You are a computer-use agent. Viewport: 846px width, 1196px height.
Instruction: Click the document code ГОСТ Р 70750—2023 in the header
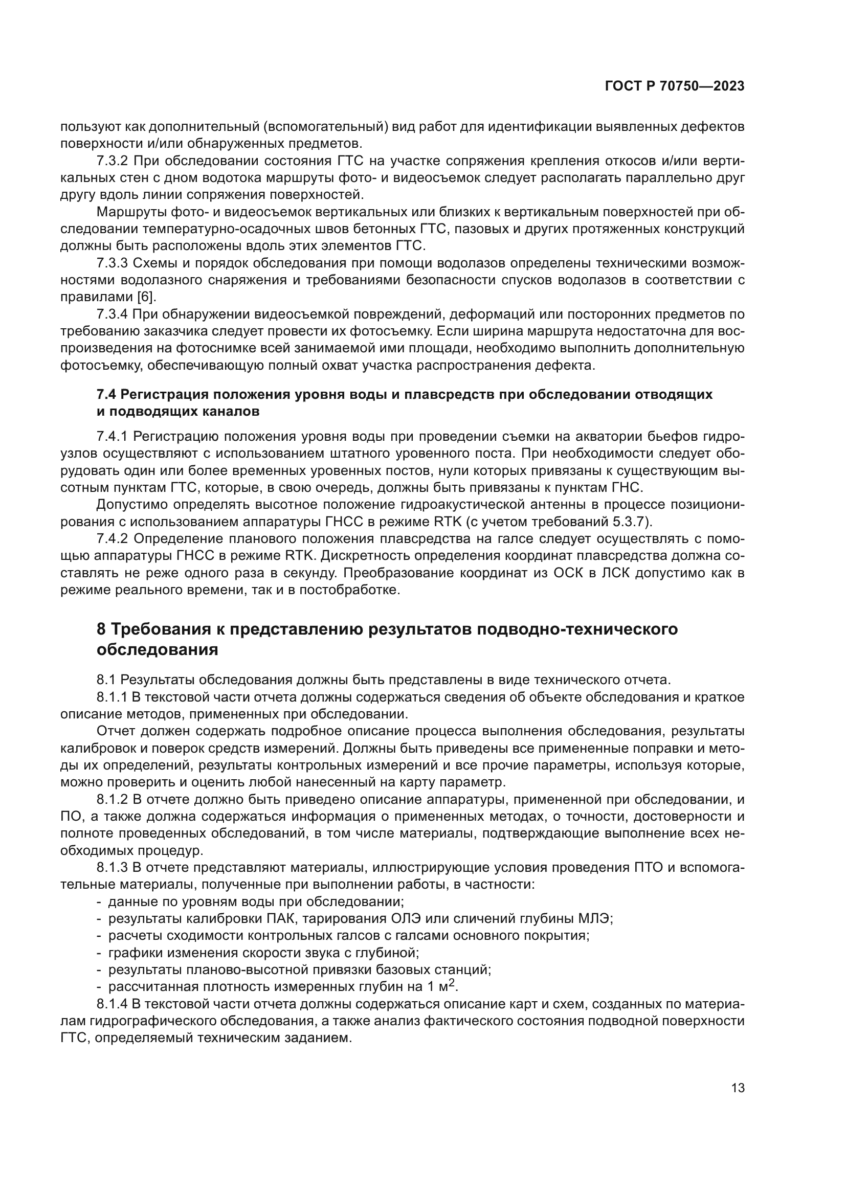(675, 86)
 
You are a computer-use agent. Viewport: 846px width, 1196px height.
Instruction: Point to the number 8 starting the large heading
(102, 629)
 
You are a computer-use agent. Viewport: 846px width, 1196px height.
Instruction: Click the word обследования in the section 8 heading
(158, 650)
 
